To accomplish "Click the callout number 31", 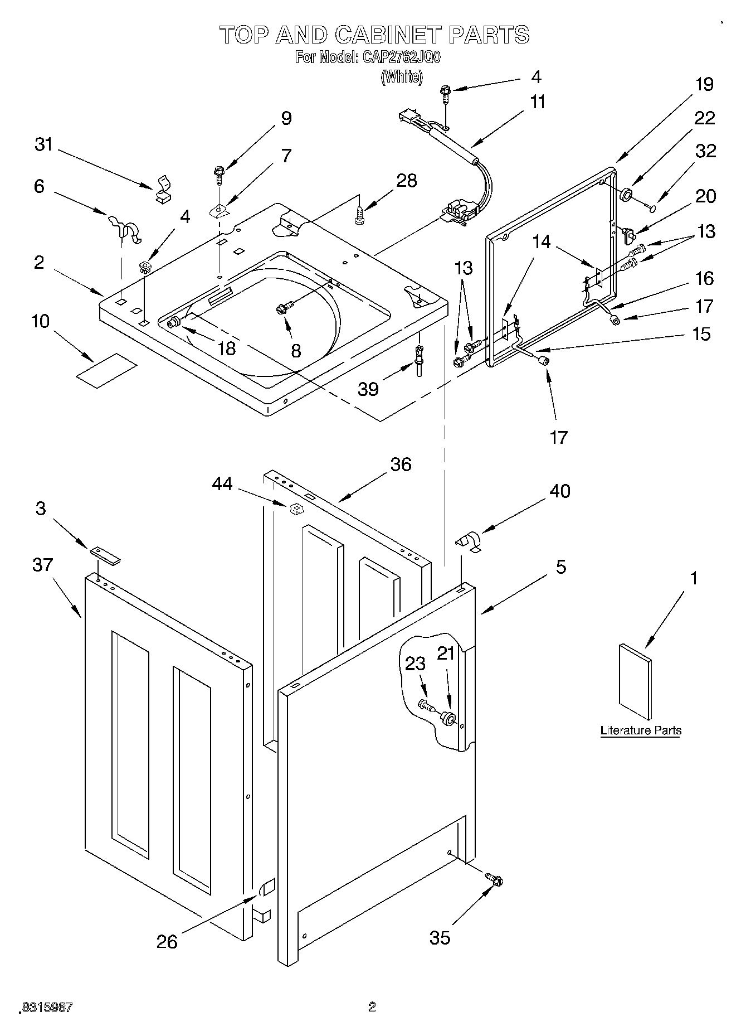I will pyautogui.click(x=43, y=144).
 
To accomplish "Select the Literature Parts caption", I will pyautogui.click(x=641, y=730).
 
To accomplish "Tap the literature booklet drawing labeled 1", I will pyautogui.click(x=635, y=681).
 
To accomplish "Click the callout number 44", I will pyautogui.click(x=222, y=485).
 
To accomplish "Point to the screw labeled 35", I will pyautogui.click(x=494, y=880).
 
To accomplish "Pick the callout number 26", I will pyautogui.click(x=167, y=942).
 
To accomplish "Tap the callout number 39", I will pyautogui.click(x=368, y=389).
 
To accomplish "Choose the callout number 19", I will pyautogui.click(x=704, y=84).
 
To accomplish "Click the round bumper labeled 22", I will pyautogui.click(x=626, y=195).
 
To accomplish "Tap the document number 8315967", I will pyautogui.click(x=47, y=1008).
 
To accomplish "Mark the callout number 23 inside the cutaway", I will pyautogui.click(x=415, y=664).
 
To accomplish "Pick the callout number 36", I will pyautogui.click(x=401, y=464).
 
